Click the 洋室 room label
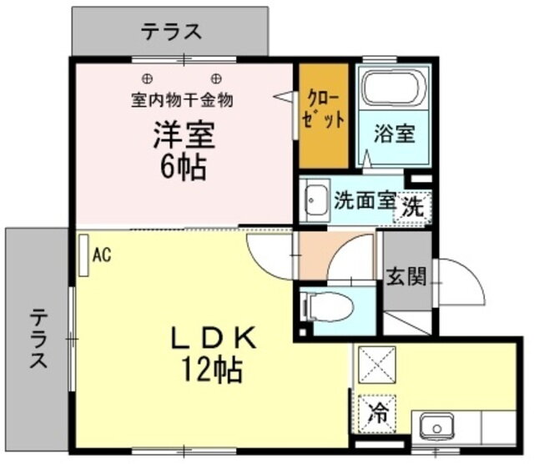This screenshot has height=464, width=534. tap(184, 134)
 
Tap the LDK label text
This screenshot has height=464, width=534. tap(214, 338)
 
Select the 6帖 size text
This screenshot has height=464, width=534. tap(184, 167)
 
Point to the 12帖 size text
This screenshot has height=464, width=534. tap(213, 370)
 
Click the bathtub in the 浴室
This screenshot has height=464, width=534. tap(394, 87)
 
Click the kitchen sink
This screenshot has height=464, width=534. tap(436, 427)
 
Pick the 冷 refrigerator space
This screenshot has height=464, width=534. tap(377, 414)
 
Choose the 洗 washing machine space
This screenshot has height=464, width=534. tap(413, 206)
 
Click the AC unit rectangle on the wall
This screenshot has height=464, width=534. tap(83, 255)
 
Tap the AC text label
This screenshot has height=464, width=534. tap(102, 255)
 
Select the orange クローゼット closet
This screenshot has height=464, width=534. tap(324, 116)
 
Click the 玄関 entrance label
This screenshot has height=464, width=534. tap(406, 276)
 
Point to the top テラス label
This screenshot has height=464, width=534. tap(172, 32)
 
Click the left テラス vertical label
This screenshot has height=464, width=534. tap(38, 338)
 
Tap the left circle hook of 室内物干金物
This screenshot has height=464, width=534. tap(147, 79)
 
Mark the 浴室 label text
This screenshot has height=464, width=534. tap(395, 134)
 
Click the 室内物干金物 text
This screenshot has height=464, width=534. tap(182, 100)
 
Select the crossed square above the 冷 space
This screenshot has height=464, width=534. tap(377, 365)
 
